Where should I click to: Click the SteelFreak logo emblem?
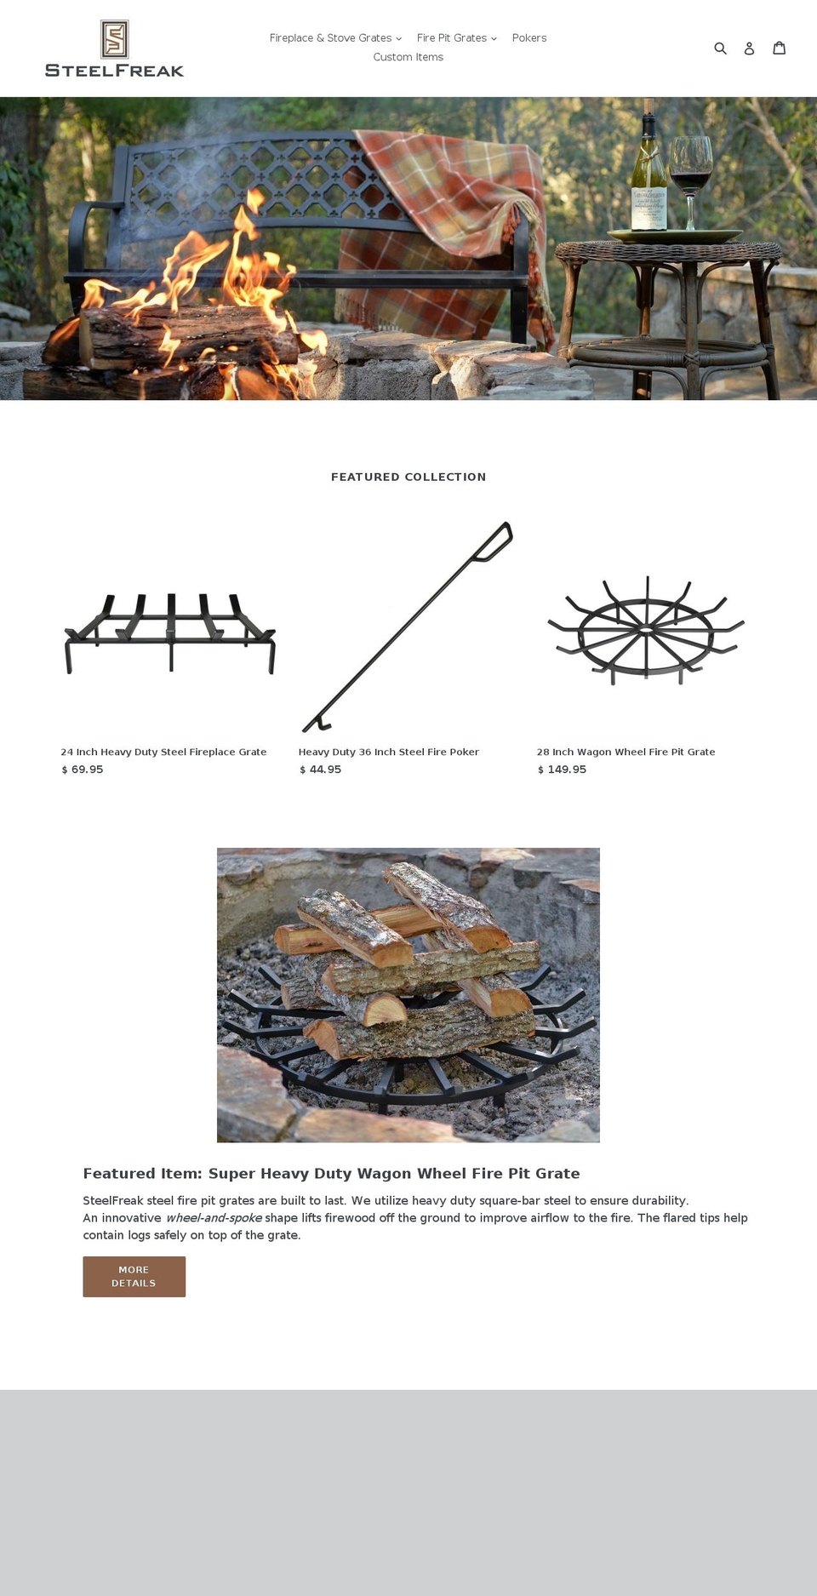point(114,39)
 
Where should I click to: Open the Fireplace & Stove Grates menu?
point(335,38)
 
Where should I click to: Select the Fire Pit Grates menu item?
point(456,38)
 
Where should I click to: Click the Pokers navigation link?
point(528,38)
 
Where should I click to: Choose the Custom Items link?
point(408,57)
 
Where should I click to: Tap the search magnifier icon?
point(720,49)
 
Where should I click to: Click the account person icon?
point(749,49)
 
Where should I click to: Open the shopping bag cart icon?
point(779,48)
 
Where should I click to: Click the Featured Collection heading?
point(408,477)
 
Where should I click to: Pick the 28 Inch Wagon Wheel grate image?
point(646,630)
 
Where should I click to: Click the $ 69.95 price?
point(83,769)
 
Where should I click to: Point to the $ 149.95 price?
point(562,769)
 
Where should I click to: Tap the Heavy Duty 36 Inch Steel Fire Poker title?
point(388,752)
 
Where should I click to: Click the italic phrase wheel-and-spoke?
point(214,1218)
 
